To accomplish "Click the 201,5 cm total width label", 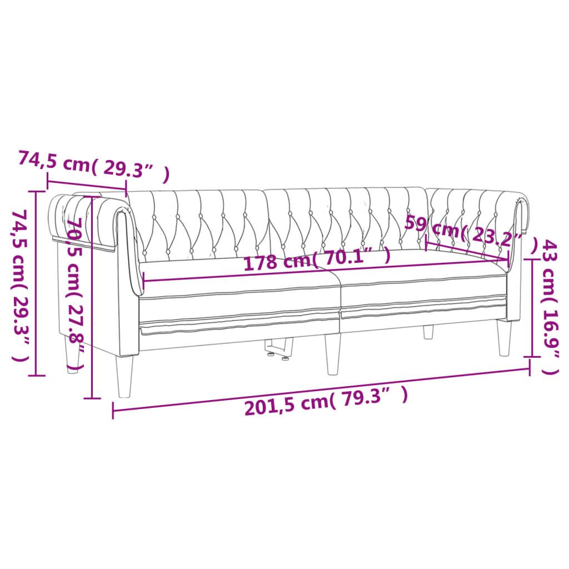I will (326, 401).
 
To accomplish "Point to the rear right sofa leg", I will (428, 332).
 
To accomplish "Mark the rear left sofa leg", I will (72, 356).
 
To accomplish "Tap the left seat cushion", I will (239, 289).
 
